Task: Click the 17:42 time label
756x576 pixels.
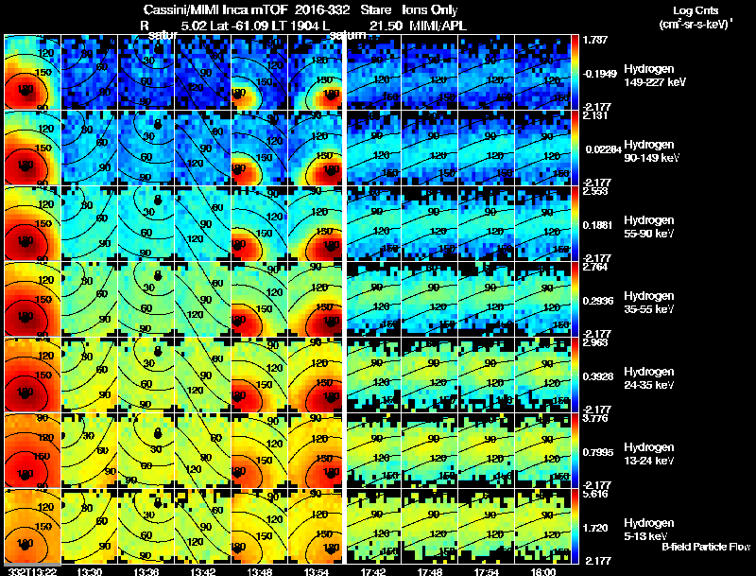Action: click(x=373, y=571)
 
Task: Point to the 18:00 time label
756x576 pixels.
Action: click(x=543, y=571)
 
